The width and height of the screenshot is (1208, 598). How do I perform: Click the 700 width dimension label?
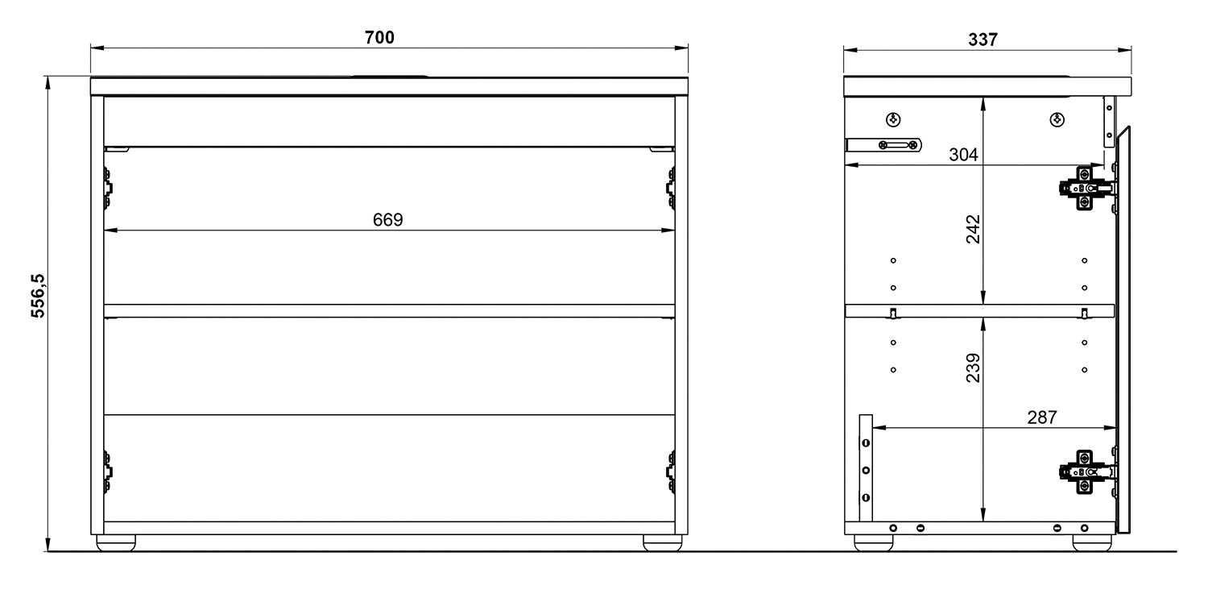[x=379, y=38]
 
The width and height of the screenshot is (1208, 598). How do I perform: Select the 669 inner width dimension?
[x=387, y=220]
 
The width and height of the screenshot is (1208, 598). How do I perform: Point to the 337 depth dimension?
[x=982, y=39]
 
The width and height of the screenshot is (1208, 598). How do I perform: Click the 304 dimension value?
[x=963, y=155]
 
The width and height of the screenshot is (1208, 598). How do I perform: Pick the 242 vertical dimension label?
[x=973, y=229]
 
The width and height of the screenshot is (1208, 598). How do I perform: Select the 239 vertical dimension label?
[x=973, y=368]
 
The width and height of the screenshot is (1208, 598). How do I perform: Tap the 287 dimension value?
[x=1041, y=417]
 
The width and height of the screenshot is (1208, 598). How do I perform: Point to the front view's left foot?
[x=116, y=543]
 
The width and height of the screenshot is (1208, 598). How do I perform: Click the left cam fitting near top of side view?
[x=892, y=120]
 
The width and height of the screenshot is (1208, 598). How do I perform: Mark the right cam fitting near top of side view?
[x=1057, y=120]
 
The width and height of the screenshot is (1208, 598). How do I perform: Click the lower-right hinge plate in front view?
[x=670, y=471]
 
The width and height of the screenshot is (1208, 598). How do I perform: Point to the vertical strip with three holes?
[x=866, y=468]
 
